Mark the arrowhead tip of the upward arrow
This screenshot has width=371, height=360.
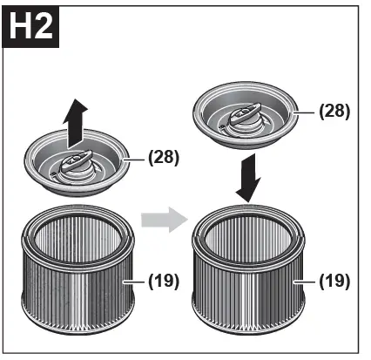[77, 98]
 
